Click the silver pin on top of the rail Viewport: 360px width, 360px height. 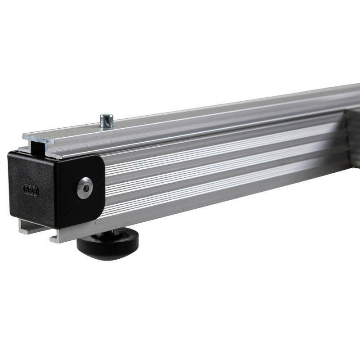(107, 121)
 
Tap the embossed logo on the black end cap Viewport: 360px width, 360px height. (31, 190)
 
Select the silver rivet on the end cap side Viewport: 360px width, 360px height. (85, 188)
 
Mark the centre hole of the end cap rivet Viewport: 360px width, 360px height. (85, 188)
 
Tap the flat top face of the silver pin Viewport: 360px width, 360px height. (107, 117)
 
